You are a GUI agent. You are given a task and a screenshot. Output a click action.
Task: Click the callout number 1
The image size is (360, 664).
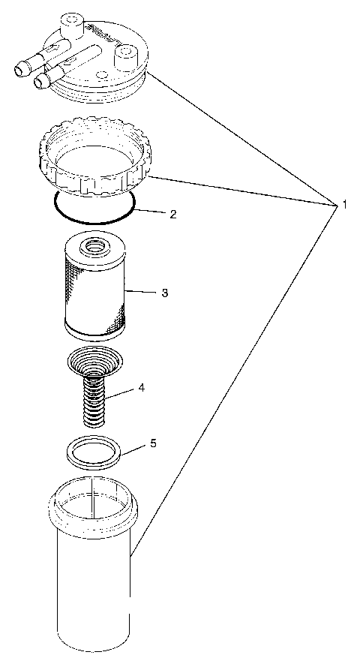(343, 204)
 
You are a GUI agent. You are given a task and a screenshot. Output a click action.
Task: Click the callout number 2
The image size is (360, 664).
(172, 214)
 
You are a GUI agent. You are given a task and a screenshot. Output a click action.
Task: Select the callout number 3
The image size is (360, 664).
(164, 292)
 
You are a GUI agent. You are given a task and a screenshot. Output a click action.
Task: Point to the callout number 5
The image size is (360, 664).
(153, 443)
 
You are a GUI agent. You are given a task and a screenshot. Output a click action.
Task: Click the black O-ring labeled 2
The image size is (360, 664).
(94, 221)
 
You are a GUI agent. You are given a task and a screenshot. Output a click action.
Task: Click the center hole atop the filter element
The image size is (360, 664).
(95, 245)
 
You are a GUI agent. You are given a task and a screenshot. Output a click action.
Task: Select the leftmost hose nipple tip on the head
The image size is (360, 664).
(19, 70)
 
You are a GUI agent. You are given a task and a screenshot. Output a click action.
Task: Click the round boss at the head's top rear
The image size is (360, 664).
(73, 20)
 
